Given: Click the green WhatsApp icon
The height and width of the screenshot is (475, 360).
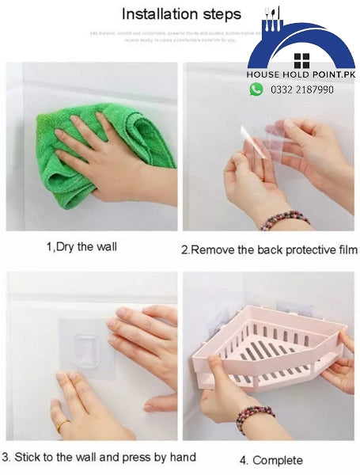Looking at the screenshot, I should coord(256,89).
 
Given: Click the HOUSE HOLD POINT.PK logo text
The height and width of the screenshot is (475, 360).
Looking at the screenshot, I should coord(301,74).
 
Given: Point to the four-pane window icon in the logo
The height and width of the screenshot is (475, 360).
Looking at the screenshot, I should coord(301,60).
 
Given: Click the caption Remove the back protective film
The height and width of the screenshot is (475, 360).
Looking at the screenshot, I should coord(269,249).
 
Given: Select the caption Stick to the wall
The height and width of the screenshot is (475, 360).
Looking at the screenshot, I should coord(98,457).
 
